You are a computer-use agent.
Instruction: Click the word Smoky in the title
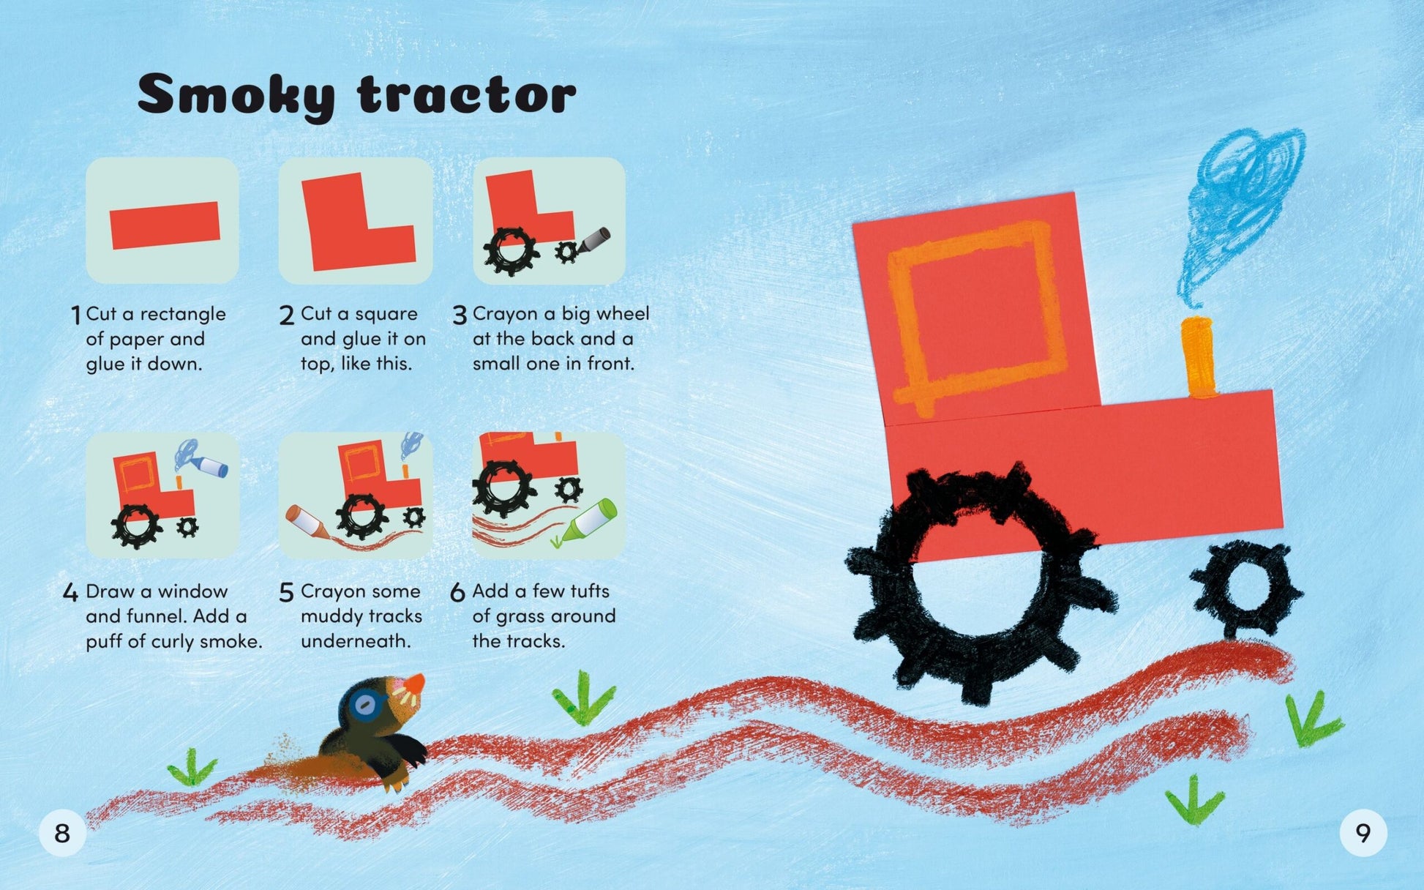point(236,94)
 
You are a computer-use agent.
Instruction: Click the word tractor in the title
point(467,94)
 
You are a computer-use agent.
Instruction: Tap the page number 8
point(62,833)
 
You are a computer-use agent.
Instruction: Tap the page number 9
point(1363,833)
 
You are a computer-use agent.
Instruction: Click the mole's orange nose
point(415,683)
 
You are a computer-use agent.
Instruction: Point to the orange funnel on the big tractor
point(1198,357)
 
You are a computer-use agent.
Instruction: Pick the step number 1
point(75,315)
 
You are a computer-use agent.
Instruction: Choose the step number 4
point(70,592)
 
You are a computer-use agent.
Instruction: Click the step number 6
point(457,592)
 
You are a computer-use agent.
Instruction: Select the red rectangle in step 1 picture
point(165,225)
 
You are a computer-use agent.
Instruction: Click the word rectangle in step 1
point(183,315)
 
